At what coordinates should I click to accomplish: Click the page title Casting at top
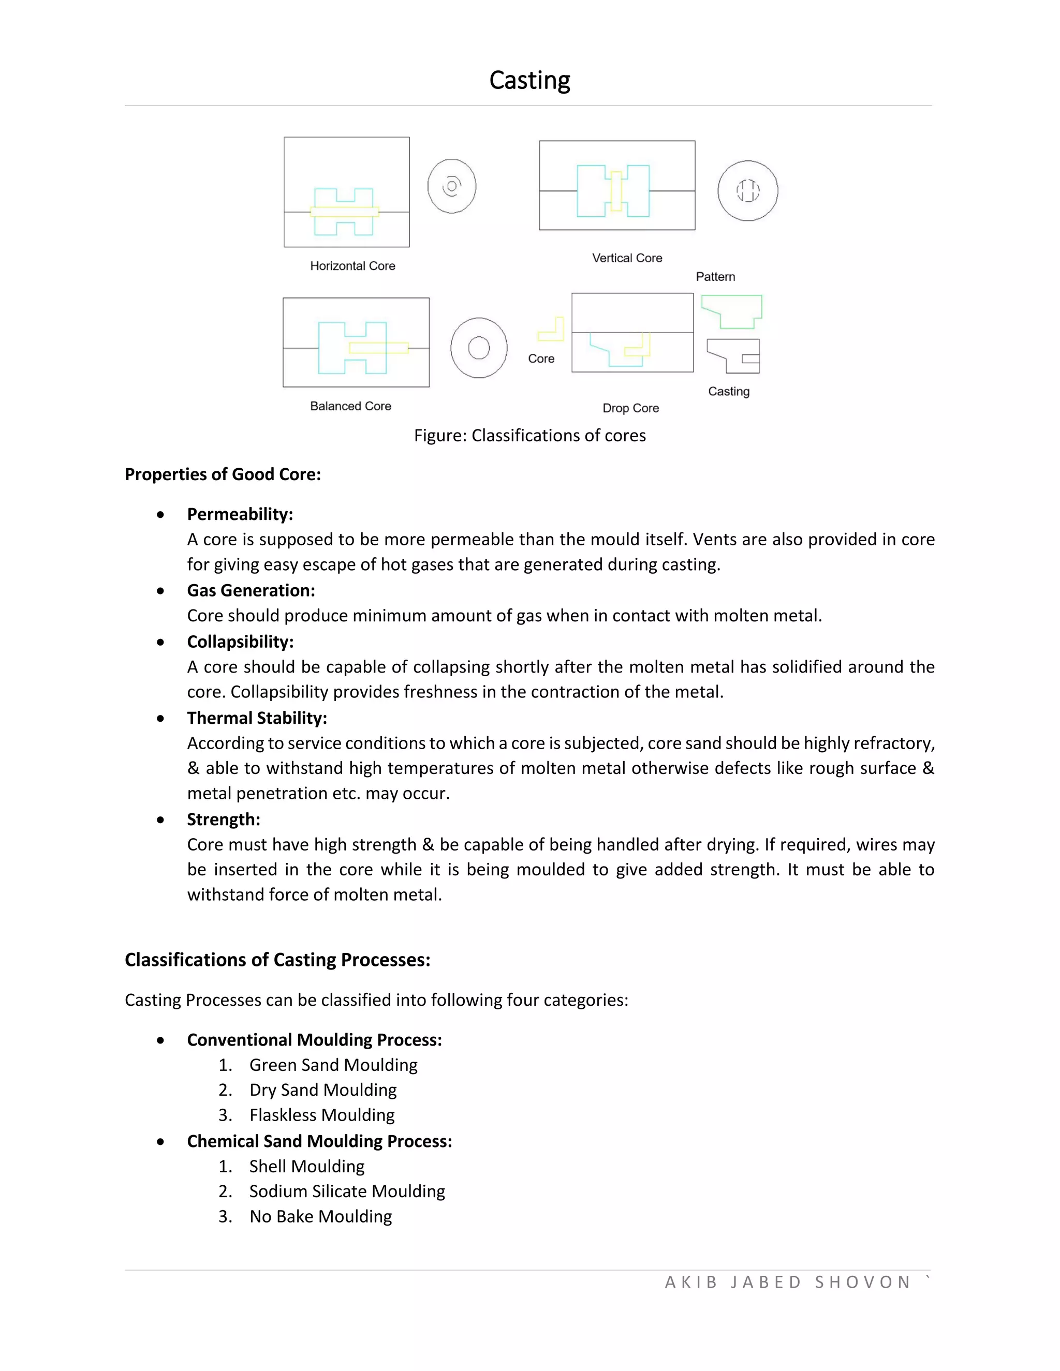(529, 80)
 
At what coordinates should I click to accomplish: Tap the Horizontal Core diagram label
(352, 266)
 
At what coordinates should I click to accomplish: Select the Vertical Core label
(627, 258)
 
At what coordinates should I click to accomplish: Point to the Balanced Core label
(350, 406)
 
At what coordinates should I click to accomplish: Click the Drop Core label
(630, 408)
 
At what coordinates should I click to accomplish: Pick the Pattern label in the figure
(715, 277)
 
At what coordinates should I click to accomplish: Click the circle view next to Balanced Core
(479, 348)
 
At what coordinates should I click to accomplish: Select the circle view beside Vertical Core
(747, 191)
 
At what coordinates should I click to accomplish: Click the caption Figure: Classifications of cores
(529, 436)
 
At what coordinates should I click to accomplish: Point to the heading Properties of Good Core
(222, 474)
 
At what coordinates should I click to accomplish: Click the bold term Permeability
(240, 514)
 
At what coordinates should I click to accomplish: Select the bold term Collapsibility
(240, 642)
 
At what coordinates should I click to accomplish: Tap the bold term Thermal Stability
(257, 718)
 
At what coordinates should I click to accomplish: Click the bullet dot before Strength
(161, 820)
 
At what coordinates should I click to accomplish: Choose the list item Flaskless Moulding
(321, 1115)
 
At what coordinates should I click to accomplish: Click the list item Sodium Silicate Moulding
(347, 1191)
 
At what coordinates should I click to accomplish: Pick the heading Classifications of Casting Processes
(277, 960)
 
